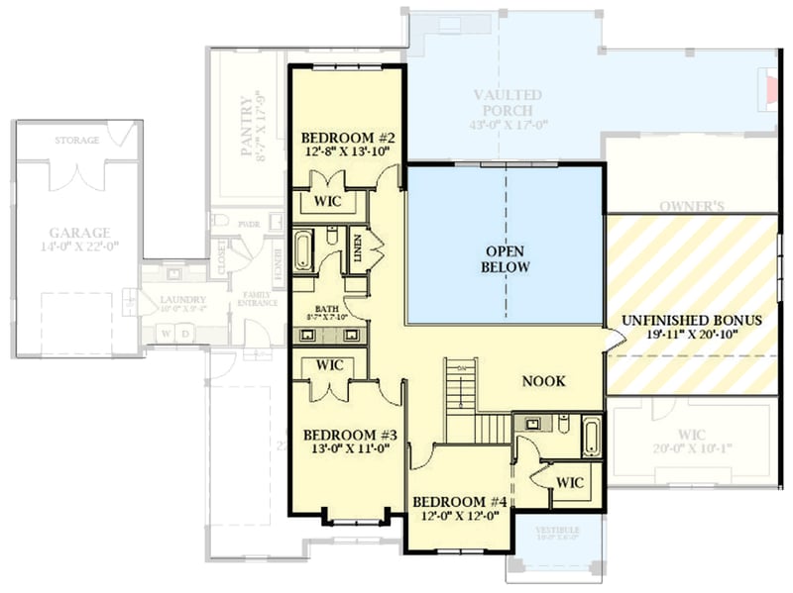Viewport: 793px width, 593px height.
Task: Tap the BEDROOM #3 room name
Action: [349, 435]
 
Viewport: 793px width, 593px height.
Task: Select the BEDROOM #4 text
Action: [460, 501]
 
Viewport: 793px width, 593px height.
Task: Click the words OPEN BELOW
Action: [506, 259]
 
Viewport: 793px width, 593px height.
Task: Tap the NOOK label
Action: [544, 381]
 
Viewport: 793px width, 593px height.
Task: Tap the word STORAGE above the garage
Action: [76, 141]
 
